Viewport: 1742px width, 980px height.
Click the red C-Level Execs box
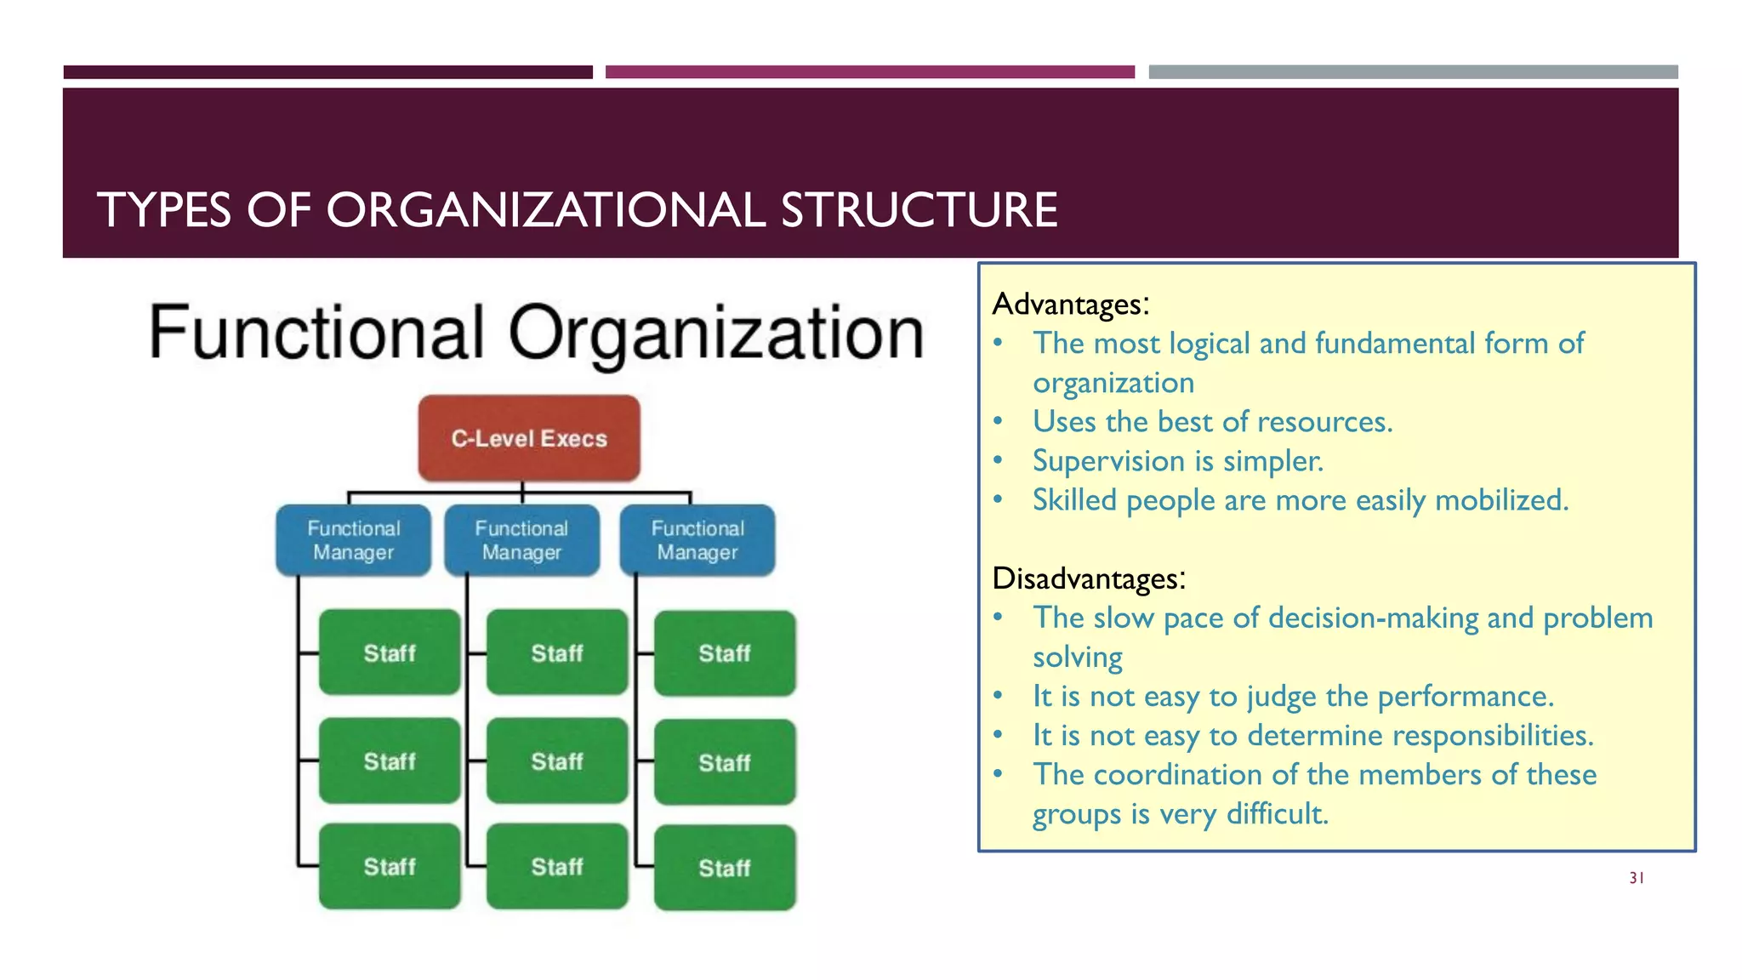click(529, 438)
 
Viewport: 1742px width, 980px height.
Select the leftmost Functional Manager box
click(353, 540)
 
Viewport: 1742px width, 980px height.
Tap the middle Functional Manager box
click(521, 540)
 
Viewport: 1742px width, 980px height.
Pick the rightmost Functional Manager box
click(697, 540)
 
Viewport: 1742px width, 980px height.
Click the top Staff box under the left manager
click(390, 652)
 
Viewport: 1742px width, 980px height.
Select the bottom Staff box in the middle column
click(557, 866)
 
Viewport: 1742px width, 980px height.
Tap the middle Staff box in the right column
click(725, 762)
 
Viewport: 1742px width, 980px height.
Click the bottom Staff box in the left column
click(390, 866)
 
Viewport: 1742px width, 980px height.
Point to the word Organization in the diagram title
click(716, 334)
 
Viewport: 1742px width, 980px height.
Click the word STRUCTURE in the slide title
click(919, 210)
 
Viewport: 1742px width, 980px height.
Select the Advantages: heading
click(1070, 304)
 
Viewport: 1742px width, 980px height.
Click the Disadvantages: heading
click(1088, 578)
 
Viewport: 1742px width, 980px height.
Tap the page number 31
click(1637, 878)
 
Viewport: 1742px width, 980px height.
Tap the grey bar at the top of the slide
click(1413, 72)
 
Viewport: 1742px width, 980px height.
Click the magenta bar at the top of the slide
click(869, 72)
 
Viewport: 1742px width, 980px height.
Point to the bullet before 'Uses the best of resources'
click(999, 422)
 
